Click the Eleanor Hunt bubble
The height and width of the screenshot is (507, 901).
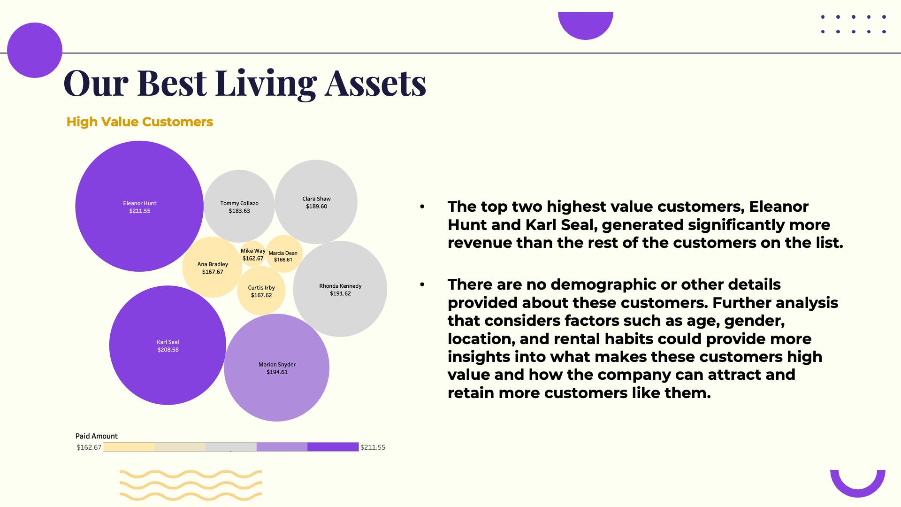[x=139, y=206]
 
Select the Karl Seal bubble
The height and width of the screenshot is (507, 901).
[x=168, y=345]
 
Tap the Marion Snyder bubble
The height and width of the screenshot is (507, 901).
[x=277, y=368]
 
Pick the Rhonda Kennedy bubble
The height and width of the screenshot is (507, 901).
[x=340, y=289]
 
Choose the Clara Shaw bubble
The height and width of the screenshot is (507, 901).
[x=316, y=202]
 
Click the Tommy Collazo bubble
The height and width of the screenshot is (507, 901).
[x=239, y=206]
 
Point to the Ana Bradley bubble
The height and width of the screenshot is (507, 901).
[x=212, y=267]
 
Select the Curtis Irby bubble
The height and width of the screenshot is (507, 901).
[x=261, y=291]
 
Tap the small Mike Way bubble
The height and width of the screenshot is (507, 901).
[x=253, y=254]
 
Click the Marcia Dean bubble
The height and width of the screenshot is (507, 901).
[x=284, y=253]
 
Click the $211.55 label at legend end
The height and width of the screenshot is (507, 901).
[x=373, y=447]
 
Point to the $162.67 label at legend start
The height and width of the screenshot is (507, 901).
[x=89, y=447]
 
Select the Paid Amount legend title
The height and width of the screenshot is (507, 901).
[x=97, y=436]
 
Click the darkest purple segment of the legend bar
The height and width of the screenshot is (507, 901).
[x=333, y=447]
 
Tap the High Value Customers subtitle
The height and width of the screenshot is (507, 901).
[x=140, y=122]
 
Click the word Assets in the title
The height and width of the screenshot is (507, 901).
[x=375, y=83]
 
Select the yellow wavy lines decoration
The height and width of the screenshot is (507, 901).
[x=191, y=485]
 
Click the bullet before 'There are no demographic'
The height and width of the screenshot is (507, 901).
[x=422, y=284]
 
